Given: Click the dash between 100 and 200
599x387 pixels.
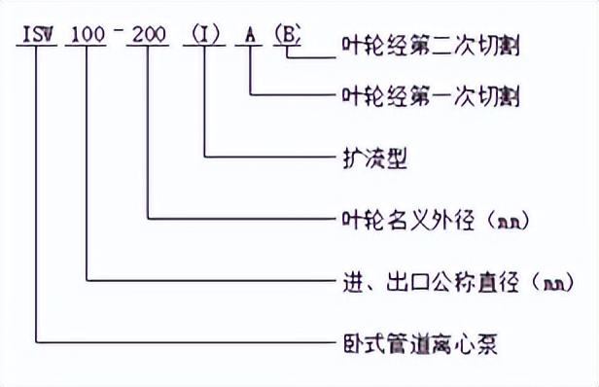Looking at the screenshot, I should coord(121,36).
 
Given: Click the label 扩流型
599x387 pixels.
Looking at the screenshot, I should coord(366,158).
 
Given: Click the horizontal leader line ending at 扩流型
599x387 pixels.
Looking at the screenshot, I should coord(263,157).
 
